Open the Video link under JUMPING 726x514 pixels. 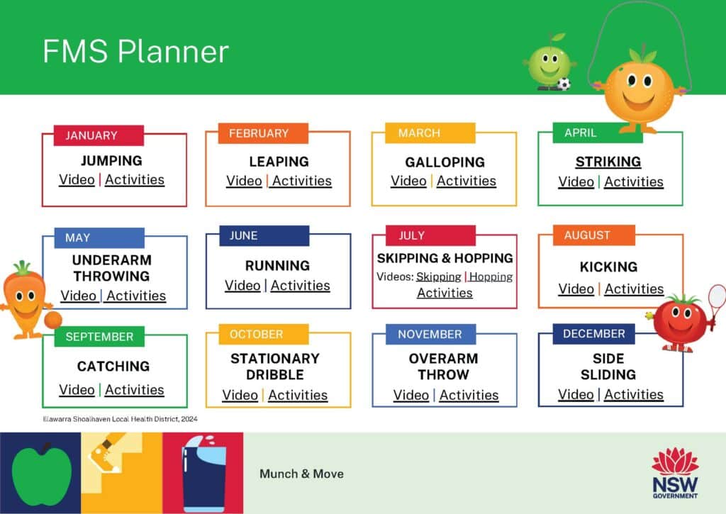tap(77, 179)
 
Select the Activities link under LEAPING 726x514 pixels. tap(301, 181)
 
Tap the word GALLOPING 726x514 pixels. tap(445, 162)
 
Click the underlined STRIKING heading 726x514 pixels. tap(608, 162)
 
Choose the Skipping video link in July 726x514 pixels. tap(438, 276)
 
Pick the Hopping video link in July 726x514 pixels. tap(491, 276)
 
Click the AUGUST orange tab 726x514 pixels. tap(586, 235)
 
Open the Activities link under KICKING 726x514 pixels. tap(634, 289)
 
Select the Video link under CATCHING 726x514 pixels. tap(77, 389)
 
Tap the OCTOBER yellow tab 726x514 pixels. tap(256, 334)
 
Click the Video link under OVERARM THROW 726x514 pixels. tap(411, 395)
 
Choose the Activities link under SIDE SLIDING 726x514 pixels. tap(634, 394)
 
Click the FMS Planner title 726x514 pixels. tap(135, 52)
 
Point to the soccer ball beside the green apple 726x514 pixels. tap(564, 84)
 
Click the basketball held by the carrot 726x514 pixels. tap(52, 320)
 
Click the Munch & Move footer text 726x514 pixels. tap(301, 474)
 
